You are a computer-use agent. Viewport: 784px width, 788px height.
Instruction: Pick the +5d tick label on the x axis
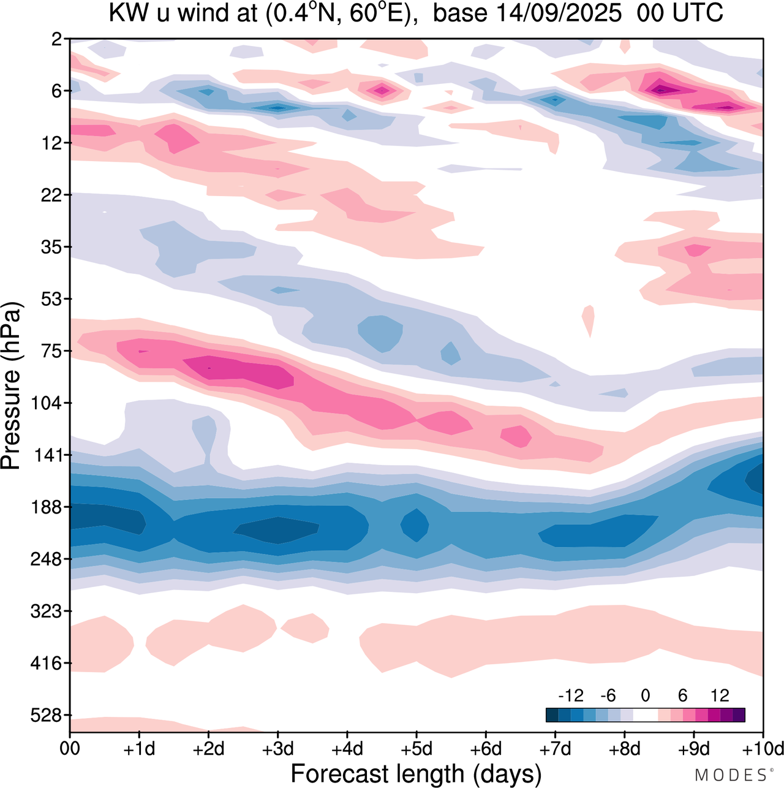pos(417,749)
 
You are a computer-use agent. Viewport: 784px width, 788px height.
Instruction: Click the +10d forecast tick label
pos(762,749)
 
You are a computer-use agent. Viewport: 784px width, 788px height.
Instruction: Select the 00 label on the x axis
pos(70,749)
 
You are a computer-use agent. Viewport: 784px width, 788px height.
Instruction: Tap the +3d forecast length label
pos(277,749)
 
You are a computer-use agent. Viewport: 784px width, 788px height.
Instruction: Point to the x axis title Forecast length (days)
pos(416,773)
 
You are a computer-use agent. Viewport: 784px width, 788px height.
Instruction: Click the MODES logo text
pos(731,775)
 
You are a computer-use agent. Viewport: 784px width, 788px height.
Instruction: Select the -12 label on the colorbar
pos(570,695)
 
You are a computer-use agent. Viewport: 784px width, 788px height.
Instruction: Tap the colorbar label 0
pos(645,695)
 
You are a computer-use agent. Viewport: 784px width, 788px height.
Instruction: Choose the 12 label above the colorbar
pos(720,695)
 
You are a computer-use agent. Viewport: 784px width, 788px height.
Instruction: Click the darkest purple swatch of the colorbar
pos(739,715)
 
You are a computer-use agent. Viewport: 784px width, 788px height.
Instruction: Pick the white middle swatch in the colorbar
pos(645,715)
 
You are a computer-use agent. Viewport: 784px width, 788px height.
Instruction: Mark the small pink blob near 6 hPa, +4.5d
pos(382,91)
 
